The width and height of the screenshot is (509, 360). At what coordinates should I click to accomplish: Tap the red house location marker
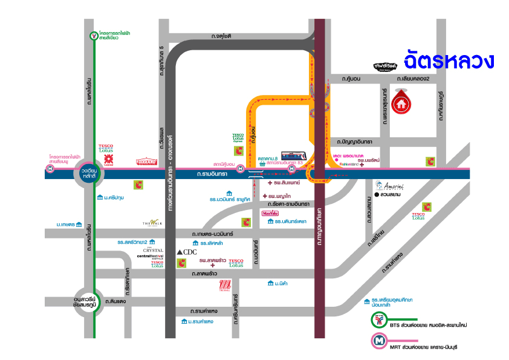[x=401, y=102]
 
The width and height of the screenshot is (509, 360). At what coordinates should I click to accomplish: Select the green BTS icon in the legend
[x=379, y=320]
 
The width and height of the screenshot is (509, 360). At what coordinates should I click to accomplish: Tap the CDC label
[x=187, y=251]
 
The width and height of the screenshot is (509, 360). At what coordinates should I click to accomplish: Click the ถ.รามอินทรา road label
[x=212, y=174]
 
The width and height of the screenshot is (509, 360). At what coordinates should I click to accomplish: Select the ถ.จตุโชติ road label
[x=222, y=36]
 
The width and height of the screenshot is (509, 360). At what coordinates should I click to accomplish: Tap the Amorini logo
[x=387, y=185]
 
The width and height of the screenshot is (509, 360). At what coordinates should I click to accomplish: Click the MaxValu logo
[x=270, y=214]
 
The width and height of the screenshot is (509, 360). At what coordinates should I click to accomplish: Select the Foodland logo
[x=147, y=162]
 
